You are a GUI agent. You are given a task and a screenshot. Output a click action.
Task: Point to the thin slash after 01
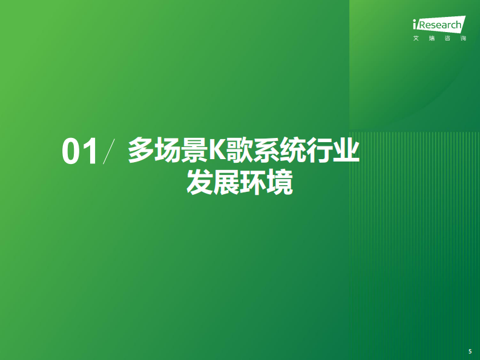pyautogui.click(x=109, y=151)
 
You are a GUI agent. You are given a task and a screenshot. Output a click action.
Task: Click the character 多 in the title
pyautogui.click(x=139, y=151)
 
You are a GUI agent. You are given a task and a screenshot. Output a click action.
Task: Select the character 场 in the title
pyautogui.click(x=165, y=151)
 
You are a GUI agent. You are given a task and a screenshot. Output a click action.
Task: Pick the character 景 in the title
pyautogui.click(x=192, y=151)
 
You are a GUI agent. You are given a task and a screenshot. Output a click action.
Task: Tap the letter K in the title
pyautogui.click(x=215, y=151)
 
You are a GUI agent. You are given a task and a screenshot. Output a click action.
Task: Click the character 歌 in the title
pyautogui.click(x=238, y=151)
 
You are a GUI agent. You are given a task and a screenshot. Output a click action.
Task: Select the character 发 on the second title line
pyautogui.click(x=200, y=183)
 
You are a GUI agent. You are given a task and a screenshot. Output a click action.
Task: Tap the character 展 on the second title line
pyautogui.click(x=226, y=183)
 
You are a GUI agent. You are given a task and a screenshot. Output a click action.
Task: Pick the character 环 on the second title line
pyautogui.click(x=253, y=183)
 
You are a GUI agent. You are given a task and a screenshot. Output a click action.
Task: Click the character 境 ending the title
pyautogui.click(x=280, y=183)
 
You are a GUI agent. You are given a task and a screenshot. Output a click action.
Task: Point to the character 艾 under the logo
pyautogui.click(x=415, y=39)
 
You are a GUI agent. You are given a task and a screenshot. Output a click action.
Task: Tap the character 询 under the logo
pyautogui.click(x=463, y=39)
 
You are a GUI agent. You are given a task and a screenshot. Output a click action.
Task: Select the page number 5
pyautogui.click(x=470, y=351)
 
